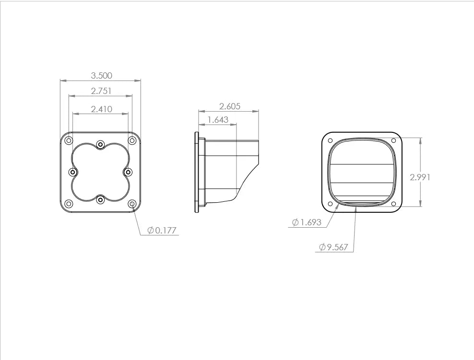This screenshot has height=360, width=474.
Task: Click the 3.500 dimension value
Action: coord(102,76)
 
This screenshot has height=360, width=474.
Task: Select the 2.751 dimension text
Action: coord(101,91)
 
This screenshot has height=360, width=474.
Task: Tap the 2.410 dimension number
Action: coord(102,109)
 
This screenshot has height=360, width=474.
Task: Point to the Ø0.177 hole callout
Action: coord(161,231)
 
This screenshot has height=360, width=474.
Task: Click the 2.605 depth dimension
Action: coord(230,106)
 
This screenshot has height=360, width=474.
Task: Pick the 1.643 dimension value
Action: coord(218,120)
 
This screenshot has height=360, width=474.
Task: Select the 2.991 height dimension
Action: coord(420,177)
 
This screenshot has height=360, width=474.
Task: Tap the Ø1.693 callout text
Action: coord(307,222)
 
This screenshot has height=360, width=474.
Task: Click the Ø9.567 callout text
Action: coord(334,247)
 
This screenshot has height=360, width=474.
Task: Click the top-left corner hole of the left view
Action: coord(69,140)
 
